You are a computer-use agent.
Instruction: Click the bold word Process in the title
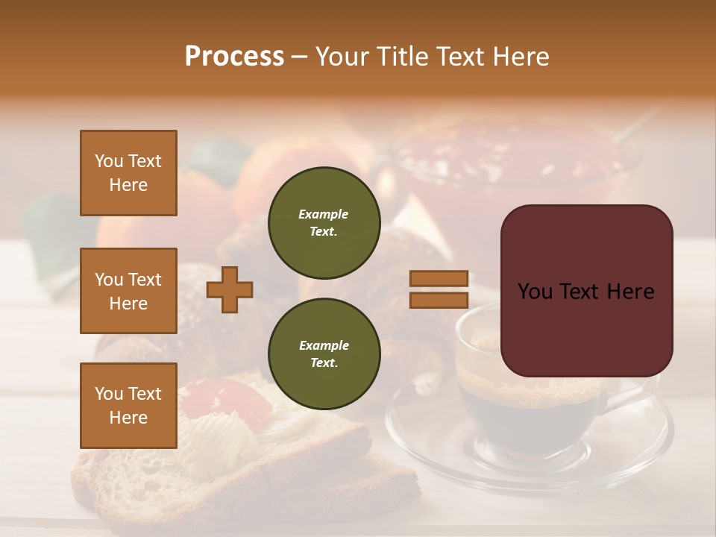234,56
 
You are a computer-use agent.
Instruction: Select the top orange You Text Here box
128,173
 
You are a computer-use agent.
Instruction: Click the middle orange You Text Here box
128,291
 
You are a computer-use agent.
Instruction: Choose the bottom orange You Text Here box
128,405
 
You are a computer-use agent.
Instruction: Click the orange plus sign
230,289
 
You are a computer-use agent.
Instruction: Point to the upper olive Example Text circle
324,223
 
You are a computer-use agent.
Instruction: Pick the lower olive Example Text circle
324,354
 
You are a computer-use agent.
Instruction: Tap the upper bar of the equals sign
439,279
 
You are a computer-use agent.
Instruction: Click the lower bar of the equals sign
439,301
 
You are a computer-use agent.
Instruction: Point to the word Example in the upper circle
324,214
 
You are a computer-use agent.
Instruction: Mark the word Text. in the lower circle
324,363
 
